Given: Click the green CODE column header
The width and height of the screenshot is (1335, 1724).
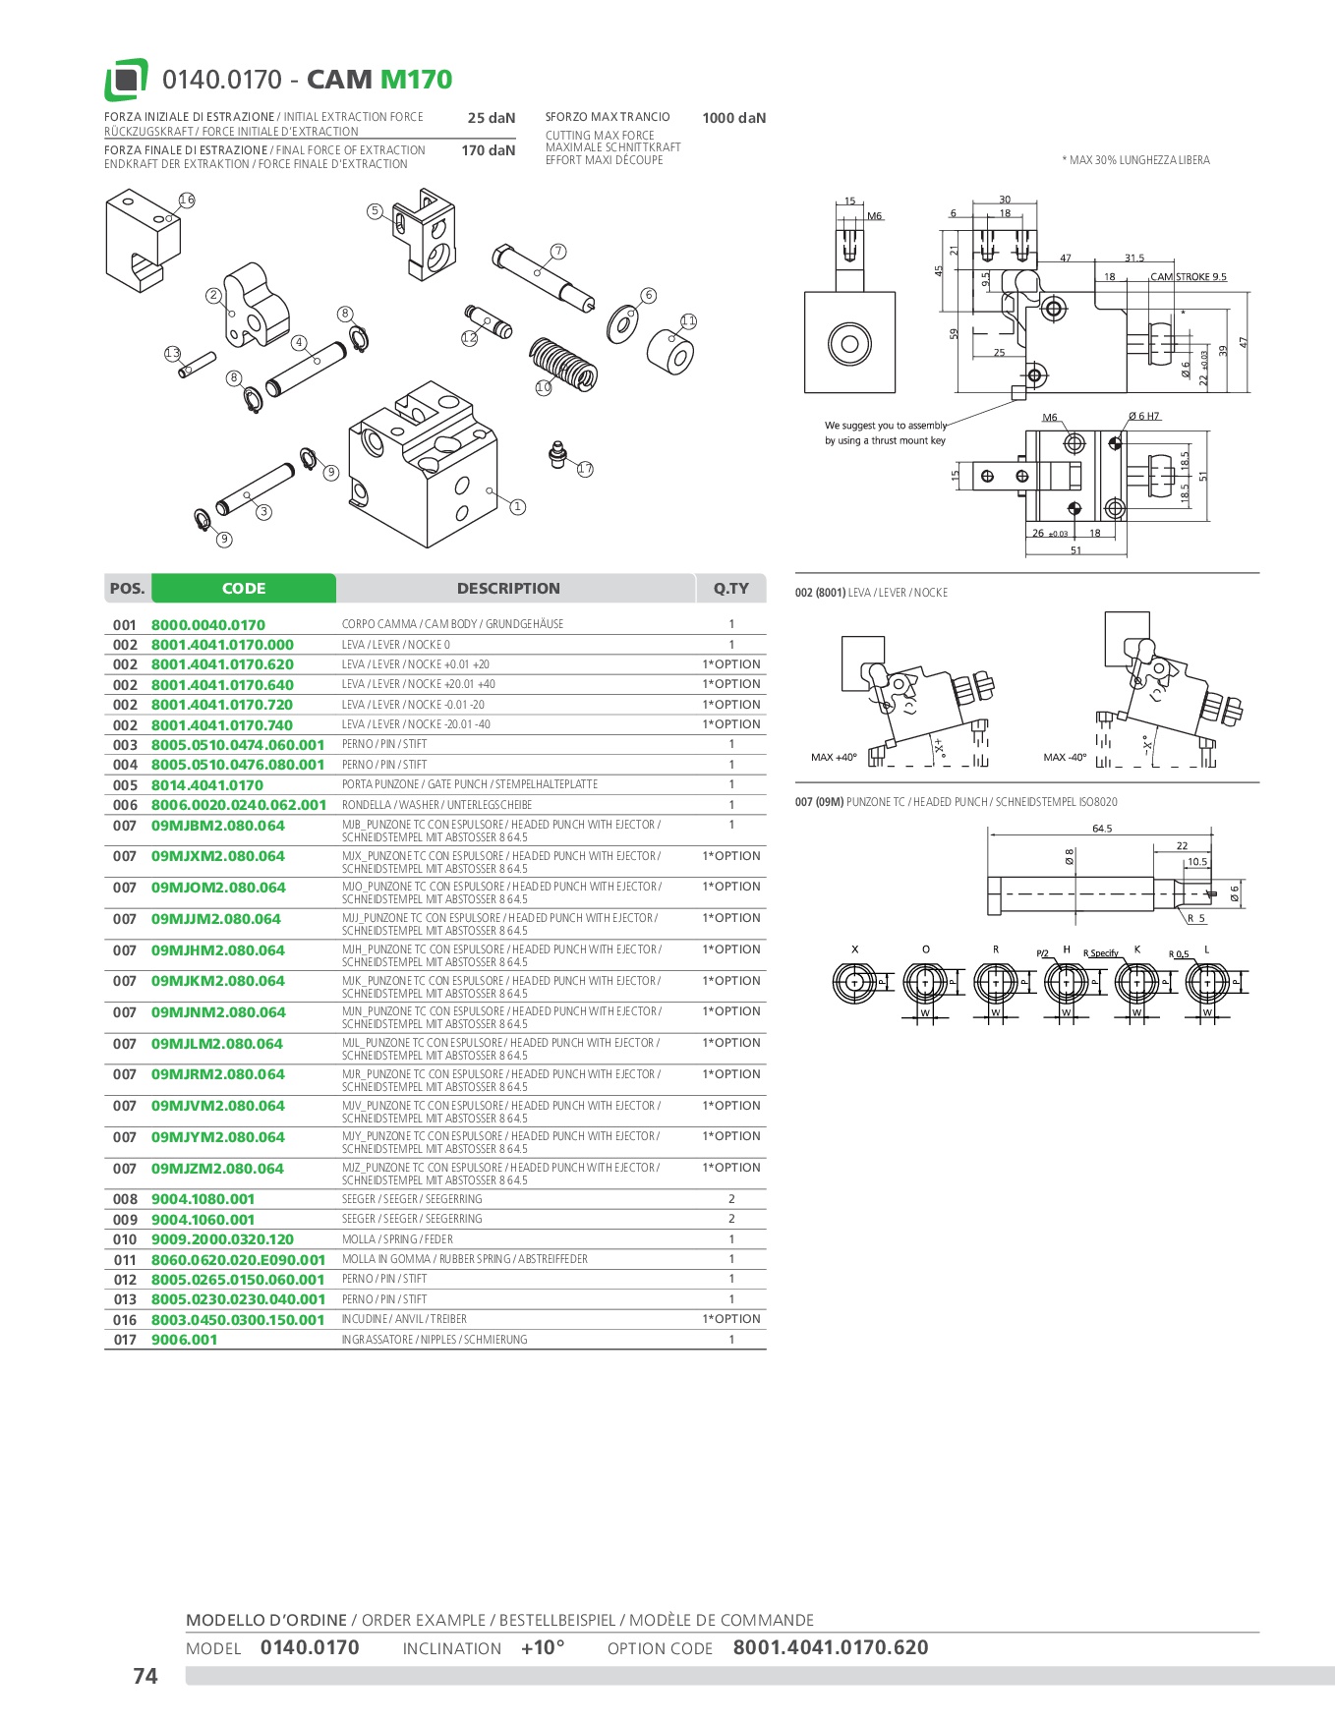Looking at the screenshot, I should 244,589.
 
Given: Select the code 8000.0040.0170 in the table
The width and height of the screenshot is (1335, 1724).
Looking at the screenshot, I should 208,625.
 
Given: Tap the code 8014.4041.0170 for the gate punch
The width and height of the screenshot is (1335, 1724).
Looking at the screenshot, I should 207,785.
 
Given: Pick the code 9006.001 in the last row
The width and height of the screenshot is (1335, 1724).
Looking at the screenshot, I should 184,1340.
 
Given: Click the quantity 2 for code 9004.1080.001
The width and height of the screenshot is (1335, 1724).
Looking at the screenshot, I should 731,1199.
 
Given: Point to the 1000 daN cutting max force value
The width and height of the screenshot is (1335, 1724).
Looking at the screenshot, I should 733,118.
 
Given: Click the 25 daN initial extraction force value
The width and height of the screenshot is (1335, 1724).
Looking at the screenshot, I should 491,118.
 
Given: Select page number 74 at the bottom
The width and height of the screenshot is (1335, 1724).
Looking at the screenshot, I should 145,1676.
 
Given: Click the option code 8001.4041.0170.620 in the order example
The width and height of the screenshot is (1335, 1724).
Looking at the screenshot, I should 830,1647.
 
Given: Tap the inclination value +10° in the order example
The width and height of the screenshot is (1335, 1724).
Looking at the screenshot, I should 543,1647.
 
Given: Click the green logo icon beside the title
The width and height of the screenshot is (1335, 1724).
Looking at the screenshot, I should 126,80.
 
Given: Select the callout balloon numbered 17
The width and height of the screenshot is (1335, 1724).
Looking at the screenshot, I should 585,469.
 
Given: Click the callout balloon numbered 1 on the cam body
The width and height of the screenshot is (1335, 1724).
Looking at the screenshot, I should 517,507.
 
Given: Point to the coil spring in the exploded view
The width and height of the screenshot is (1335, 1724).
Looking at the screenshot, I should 564,361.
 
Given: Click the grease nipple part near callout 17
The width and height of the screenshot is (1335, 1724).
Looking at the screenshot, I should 557,454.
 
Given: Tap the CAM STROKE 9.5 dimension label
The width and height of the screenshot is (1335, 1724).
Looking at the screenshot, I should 1189,277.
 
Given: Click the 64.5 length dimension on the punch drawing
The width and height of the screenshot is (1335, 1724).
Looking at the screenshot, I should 1102,829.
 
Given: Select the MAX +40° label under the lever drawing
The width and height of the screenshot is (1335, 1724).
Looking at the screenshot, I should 833,758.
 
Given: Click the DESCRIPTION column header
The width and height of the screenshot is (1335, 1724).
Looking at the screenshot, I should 508,589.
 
